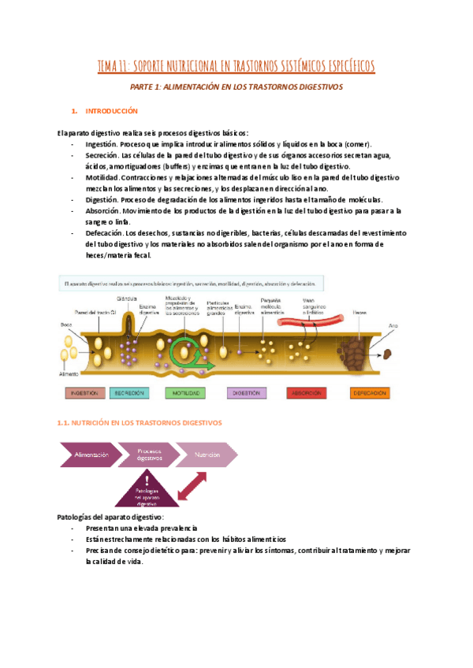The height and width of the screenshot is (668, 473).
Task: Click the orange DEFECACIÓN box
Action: tap(370, 392)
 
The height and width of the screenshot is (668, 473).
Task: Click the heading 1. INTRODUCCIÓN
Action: tap(110, 111)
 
